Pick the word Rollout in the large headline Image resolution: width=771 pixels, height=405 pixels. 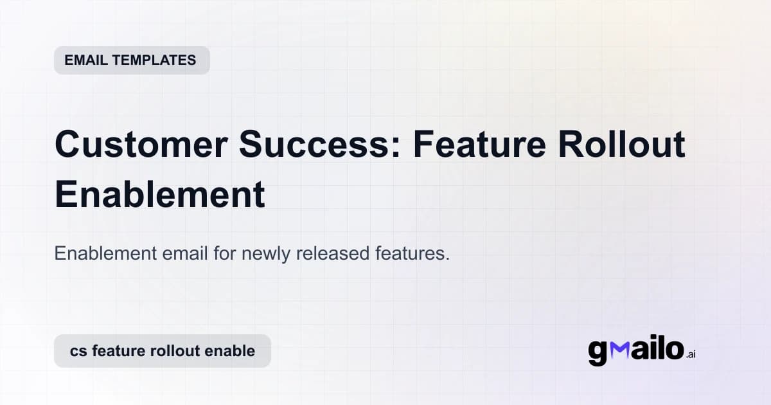(621, 145)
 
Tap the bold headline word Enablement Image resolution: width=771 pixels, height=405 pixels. (159, 194)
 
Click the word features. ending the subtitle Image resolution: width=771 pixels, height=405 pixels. (411, 253)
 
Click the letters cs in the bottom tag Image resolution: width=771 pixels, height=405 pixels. (78, 351)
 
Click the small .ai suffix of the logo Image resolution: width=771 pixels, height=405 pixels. (691, 355)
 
